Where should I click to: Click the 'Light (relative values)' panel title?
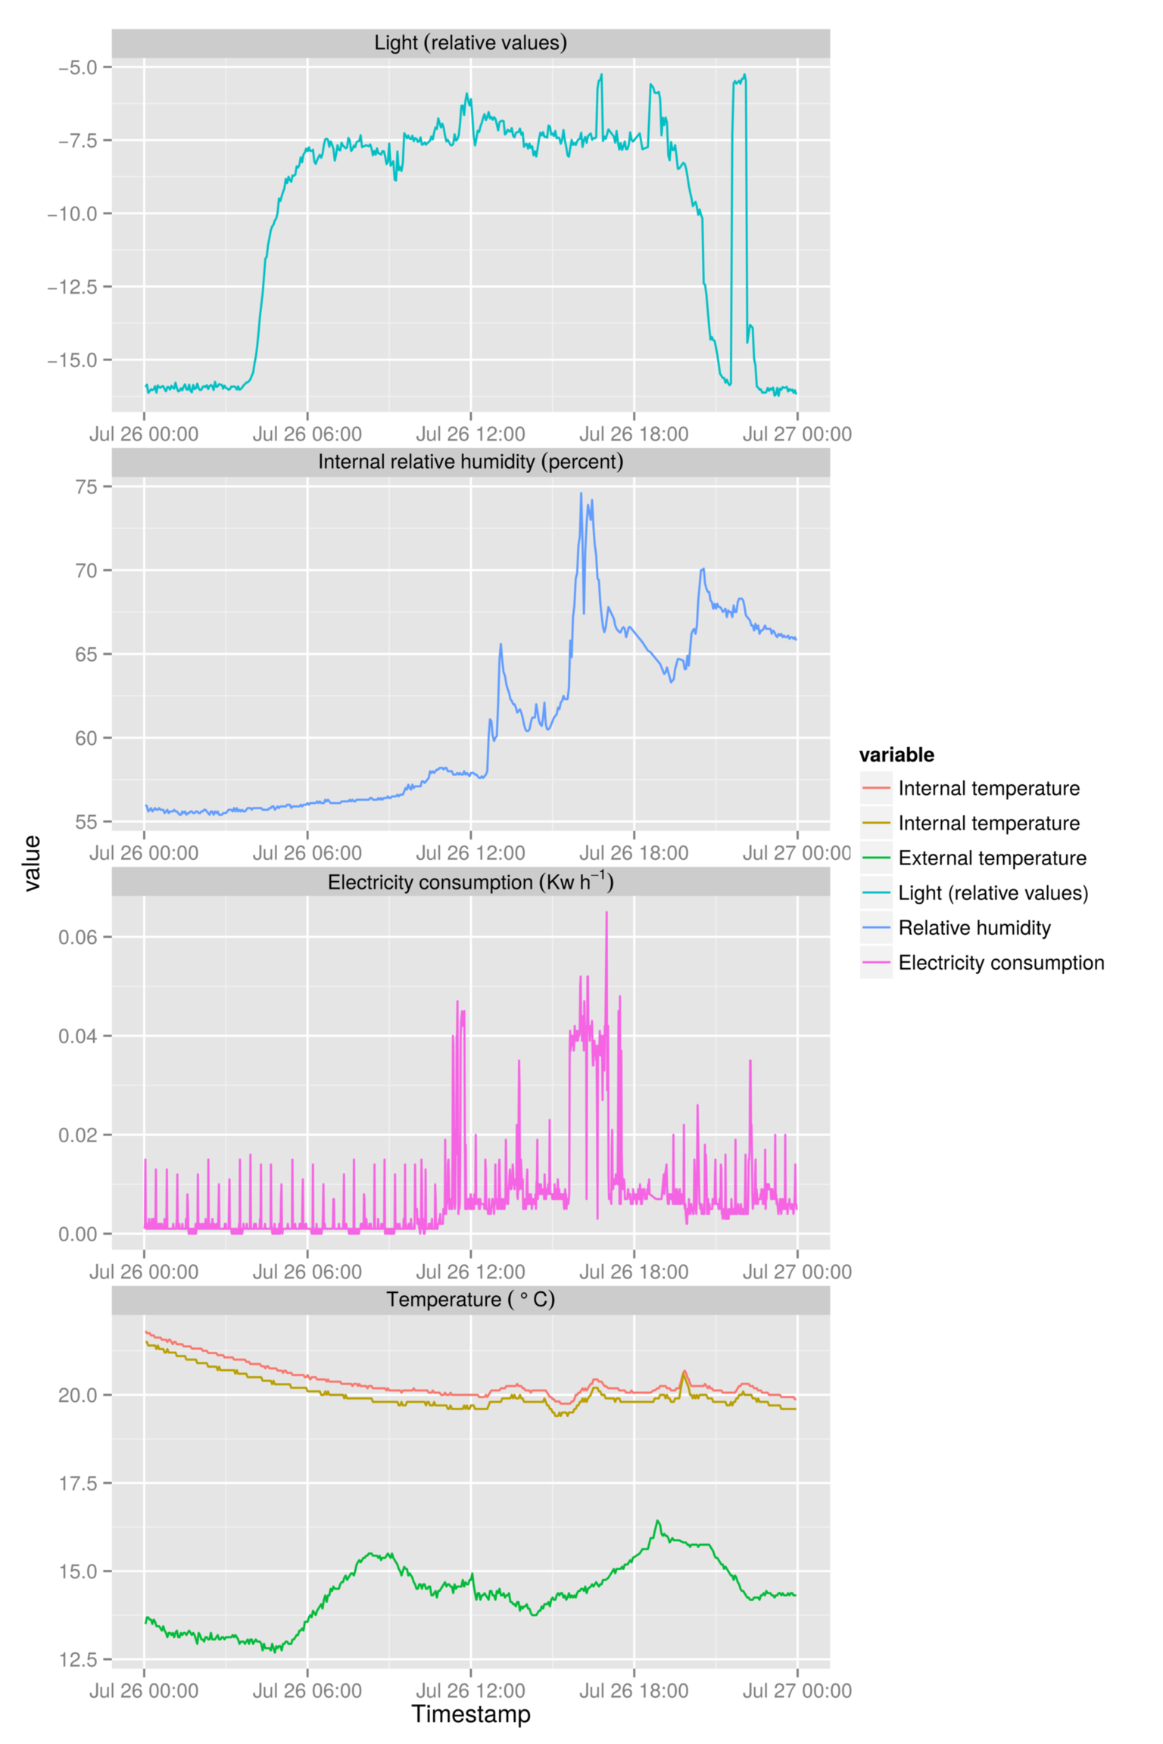pos(470,43)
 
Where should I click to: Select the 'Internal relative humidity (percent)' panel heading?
pos(470,462)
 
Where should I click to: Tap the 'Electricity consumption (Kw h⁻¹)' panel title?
pos(470,882)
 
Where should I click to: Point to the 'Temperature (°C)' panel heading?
pos(470,1300)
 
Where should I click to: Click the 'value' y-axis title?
pos(32,864)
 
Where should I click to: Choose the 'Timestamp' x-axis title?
pos(470,1714)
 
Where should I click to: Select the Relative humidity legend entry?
pos(974,928)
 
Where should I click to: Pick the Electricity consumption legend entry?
pos(1000,963)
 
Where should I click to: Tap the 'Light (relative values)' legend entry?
pos(993,893)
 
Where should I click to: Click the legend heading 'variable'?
pos(896,755)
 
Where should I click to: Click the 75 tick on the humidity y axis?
pos(86,487)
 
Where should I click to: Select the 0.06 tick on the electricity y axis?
pos(78,937)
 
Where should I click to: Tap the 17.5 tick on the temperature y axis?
pos(78,1483)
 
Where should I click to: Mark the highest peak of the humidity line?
pos(581,494)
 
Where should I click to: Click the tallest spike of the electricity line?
pos(606,913)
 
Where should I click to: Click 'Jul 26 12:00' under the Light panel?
pos(470,434)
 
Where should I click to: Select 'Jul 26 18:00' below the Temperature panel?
pos(634,1690)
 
